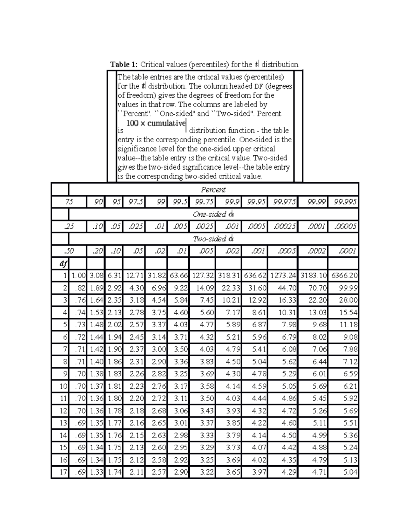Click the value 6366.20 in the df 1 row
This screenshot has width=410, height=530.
pyautogui.click(x=344, y=275)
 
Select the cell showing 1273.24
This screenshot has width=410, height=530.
pyautogui.click(x=284, y=275)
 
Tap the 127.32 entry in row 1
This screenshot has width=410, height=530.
pyautogui.click(x=203, y=275)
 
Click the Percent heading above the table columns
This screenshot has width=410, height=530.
pyautogui.click(x=213, y=190)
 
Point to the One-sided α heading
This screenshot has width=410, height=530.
pyautogui.click(x=213, y=214)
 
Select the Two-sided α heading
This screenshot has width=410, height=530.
pyautogui.click(x=213, y=239)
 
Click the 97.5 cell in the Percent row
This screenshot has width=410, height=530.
pyautogui.click(x=136, y=202)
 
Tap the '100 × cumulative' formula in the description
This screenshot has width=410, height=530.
pyautogui.click(x=156, y=124)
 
